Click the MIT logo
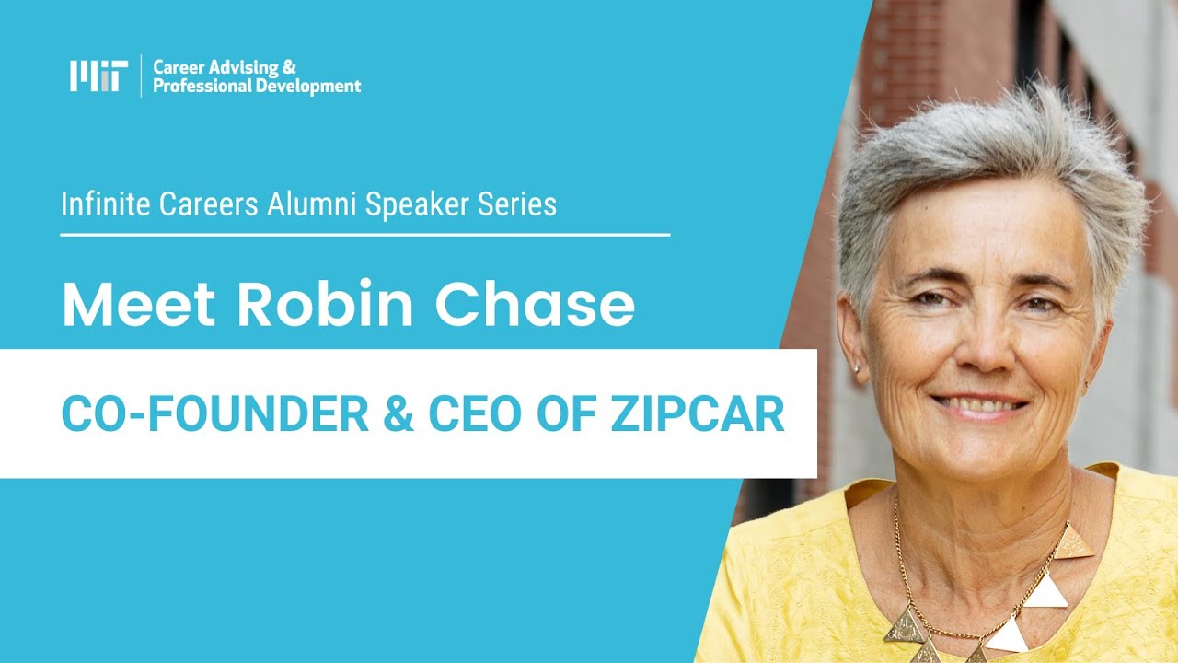tap(95, 76)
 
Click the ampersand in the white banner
tap(398, 414)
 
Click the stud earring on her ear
tap(856, 367)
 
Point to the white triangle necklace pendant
tap(1046, 588)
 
